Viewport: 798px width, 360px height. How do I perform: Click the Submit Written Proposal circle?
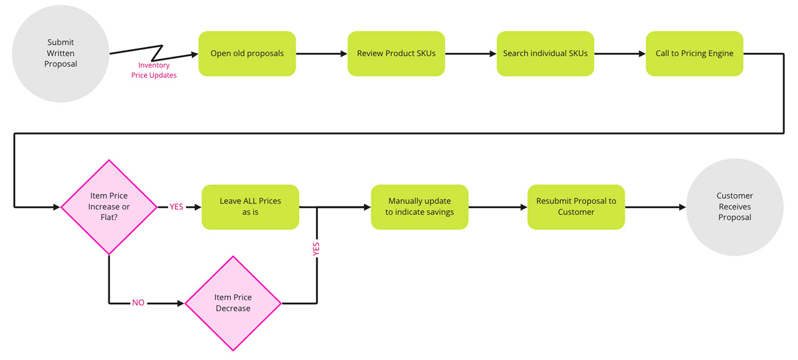coord(61,53)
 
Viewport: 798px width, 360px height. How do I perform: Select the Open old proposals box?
coord(247,54)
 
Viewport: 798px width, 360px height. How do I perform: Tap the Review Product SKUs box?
coord(396,54)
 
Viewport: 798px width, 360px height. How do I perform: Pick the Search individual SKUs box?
coord(545,54)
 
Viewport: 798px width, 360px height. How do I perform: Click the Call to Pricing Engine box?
coord(694,54)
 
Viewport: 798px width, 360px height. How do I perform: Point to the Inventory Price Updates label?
coord(154,70)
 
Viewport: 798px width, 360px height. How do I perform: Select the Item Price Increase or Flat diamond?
coord(109,207)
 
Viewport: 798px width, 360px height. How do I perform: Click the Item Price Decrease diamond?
coord(233,303)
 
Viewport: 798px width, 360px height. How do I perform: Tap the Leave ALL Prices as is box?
coord(250,207)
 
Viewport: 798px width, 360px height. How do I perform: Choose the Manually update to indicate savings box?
coord(419,207)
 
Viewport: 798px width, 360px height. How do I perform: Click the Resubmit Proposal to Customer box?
coord(576,207)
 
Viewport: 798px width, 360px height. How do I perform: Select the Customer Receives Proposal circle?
coord(735,207)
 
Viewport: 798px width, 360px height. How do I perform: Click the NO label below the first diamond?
coord(138,303)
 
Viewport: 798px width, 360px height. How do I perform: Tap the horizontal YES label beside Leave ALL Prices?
coord(176,207)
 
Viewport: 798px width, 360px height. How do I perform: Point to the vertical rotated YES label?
coord(317,249)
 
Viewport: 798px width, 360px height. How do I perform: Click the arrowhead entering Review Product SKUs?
coord(343,54)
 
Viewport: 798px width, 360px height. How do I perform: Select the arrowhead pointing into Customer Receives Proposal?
coord(682,207)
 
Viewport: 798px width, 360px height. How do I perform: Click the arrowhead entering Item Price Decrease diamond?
coord(180,303)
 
